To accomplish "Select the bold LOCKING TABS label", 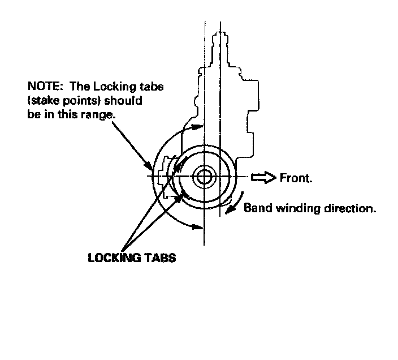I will [x=132, y=258].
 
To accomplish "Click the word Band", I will [x=256, y=208].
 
